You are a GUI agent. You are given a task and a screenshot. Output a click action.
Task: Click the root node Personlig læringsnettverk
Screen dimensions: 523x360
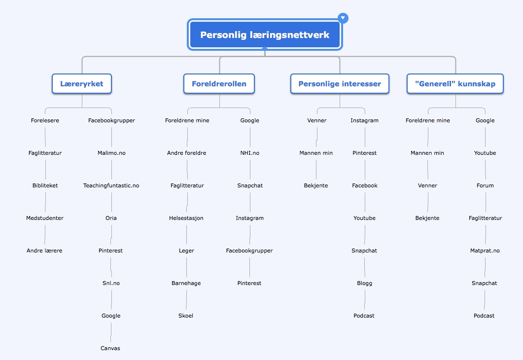pos(265,35)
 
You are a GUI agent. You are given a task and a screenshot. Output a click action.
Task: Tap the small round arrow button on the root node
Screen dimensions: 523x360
pos(343,18)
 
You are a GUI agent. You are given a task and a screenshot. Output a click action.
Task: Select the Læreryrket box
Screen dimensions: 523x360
pos(82,84)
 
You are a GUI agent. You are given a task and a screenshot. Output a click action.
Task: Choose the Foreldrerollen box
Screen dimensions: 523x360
pos(219,84)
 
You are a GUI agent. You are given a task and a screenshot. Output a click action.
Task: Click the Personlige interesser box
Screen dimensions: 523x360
pos(340,84)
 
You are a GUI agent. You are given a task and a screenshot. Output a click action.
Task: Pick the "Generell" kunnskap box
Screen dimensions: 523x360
pos(455,84)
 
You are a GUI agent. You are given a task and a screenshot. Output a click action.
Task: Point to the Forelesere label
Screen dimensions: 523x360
pos(45,120)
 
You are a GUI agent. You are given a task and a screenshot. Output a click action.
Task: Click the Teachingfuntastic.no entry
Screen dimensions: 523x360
pos(111,185)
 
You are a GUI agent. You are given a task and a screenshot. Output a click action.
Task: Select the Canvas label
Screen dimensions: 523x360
pos(110,348)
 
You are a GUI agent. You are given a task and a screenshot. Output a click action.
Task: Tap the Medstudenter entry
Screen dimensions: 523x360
pos(45,218)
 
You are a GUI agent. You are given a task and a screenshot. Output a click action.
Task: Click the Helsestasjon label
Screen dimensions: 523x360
pos(186,218)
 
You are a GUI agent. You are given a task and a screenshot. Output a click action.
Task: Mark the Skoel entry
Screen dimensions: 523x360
pos(186,316)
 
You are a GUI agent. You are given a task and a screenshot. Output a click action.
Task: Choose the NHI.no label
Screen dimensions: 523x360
pos(250,153)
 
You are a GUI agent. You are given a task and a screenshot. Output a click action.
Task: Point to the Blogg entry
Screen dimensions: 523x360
pos(365,283)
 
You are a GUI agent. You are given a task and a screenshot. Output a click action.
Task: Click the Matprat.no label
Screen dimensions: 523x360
pos(485,251)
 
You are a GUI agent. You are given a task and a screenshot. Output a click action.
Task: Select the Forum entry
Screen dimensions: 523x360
pos(486,185)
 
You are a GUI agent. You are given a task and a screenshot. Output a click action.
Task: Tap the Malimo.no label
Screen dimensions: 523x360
pos(112,153)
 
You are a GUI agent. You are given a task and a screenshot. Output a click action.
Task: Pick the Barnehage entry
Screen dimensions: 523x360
pos(186,283)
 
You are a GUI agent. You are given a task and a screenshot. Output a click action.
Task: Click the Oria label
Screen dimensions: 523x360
pos(111,218)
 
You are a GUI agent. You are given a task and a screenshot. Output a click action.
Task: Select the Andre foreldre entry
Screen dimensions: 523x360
pos(187,153)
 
